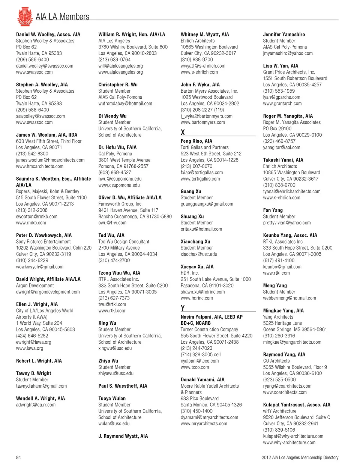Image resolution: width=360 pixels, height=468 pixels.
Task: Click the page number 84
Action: coord(18,457)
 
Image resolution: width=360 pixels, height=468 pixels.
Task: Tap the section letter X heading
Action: coord(183,132)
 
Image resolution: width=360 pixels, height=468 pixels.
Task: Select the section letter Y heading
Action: coord(183,308)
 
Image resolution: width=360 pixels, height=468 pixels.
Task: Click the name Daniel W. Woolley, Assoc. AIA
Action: coord(48,35)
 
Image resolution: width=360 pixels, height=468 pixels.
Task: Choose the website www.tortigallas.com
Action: coord(200,179)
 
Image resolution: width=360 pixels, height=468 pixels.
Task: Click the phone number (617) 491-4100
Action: coord(279,260)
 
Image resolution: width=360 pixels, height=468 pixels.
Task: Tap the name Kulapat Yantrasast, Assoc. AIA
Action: coord(297,405)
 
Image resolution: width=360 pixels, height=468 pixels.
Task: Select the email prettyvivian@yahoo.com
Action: coord(287,223)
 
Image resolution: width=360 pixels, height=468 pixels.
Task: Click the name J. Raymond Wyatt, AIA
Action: coord(123,436)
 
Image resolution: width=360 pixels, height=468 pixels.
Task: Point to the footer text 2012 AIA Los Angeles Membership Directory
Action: coord(300,457)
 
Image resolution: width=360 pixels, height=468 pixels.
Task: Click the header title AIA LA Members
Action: coord(63,17)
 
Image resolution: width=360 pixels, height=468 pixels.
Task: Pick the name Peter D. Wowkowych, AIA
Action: coord(44,235)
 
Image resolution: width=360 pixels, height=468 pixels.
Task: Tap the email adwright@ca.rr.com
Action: coord(36,405)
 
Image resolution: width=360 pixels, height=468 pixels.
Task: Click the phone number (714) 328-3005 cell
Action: coord(201,355)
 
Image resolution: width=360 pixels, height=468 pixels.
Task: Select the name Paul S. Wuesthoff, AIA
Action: coord(123,386)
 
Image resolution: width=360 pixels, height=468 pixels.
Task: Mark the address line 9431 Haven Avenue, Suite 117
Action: coord(128,210)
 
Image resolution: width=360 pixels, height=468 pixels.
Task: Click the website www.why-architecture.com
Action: coord(289,442)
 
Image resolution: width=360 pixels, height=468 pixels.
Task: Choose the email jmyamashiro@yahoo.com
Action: coord(288,53)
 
